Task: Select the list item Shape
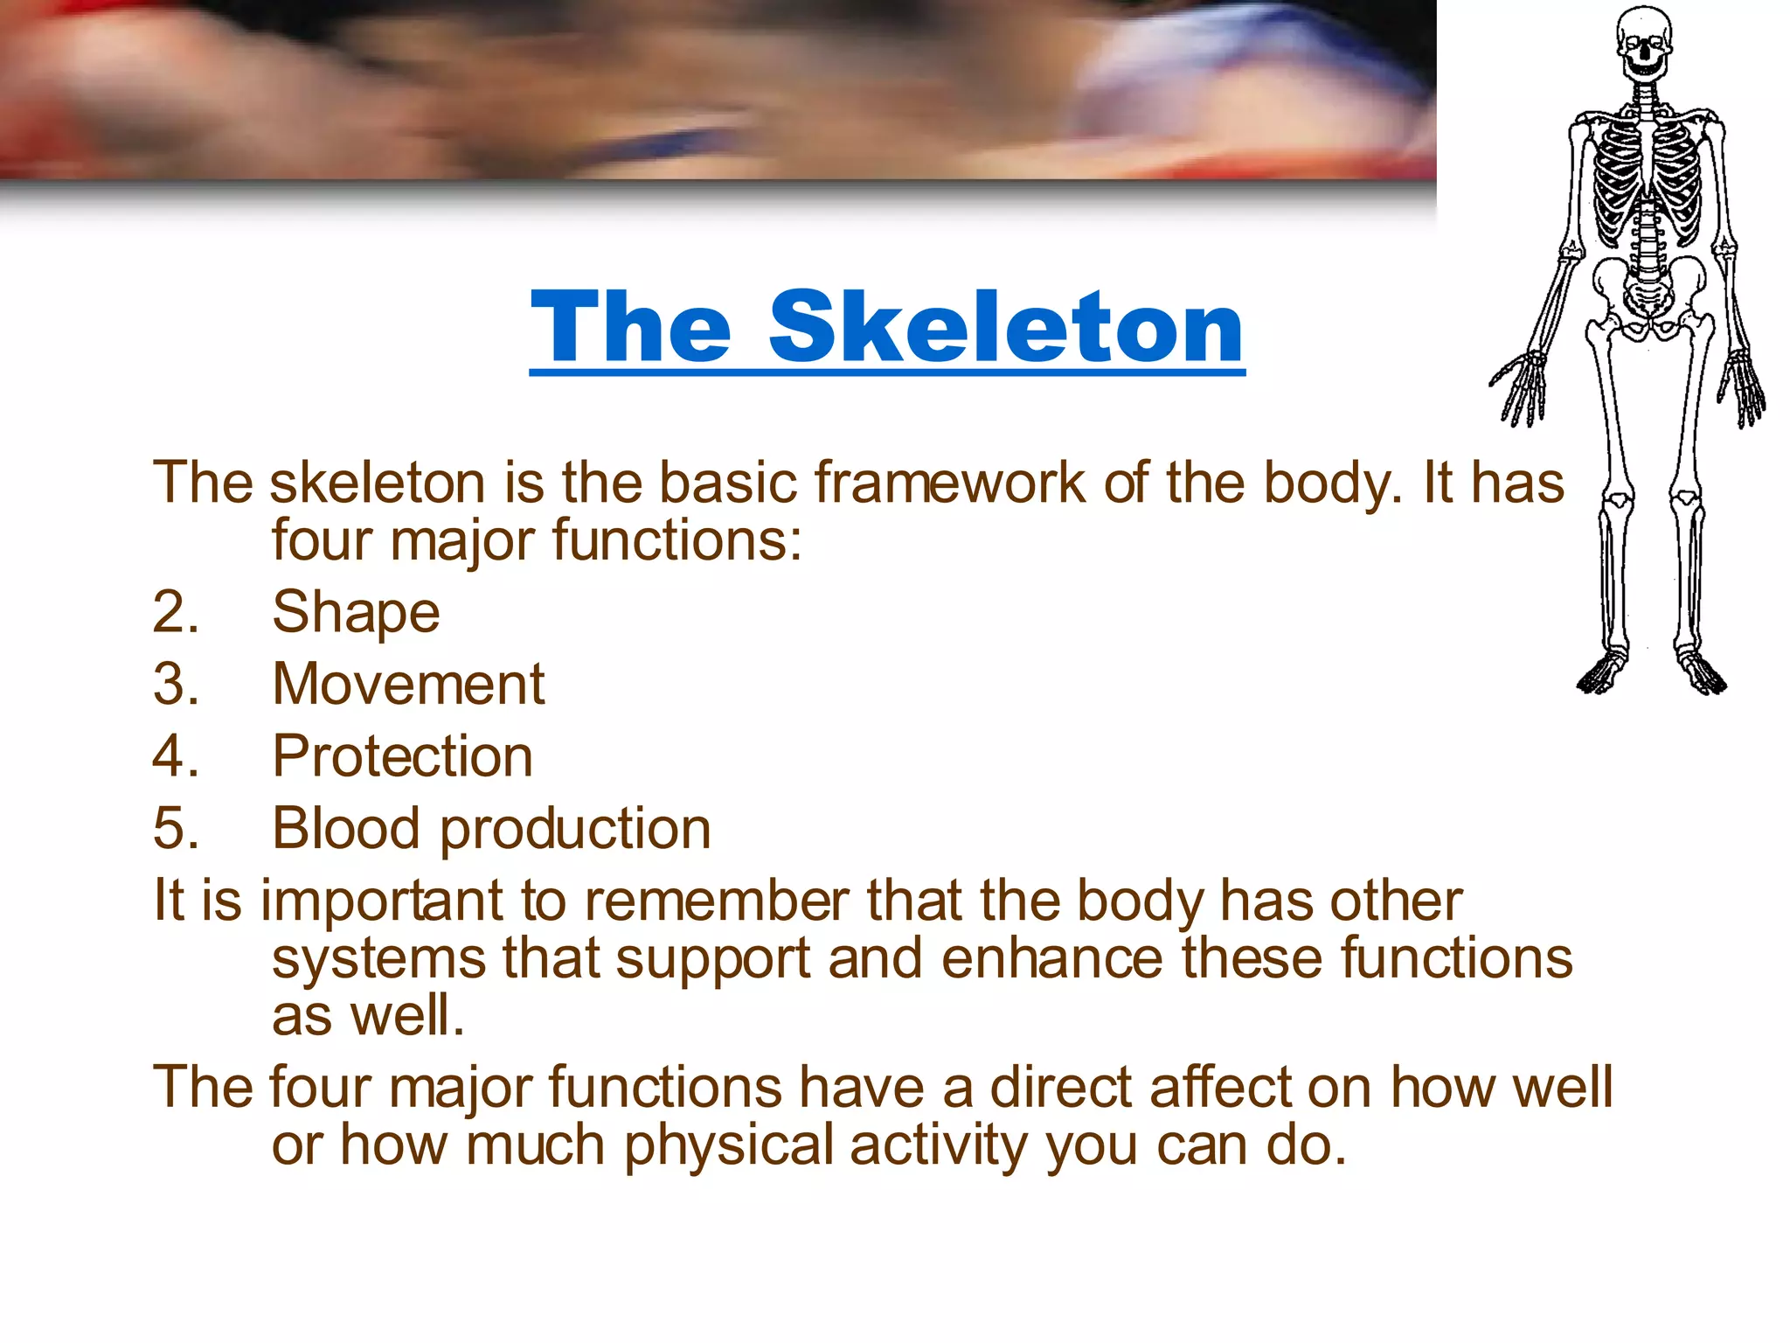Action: pyautogui.click(x=356, y=611)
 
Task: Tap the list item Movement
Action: pyautogui.click(x=408, y=684)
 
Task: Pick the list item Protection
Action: pyautogui.click(x=402, y=755)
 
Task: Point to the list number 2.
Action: pyautogui.click(x=175, y=611)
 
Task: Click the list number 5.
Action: pyautogui.click(x=175, y=828)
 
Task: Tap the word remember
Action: pyautogui.click(x=717, y=901)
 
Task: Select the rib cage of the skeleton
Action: pyautogui.click(x=1647, y=175)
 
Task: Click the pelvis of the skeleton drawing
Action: pyautogui.click(x=1648, y=293)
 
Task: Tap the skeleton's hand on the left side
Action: pyautogui.click(x=1521, y=389)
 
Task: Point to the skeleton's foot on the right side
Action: pyautogui.click(x=1700, y=673)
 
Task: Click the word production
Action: pyautogui.click(x=575, y=829)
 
